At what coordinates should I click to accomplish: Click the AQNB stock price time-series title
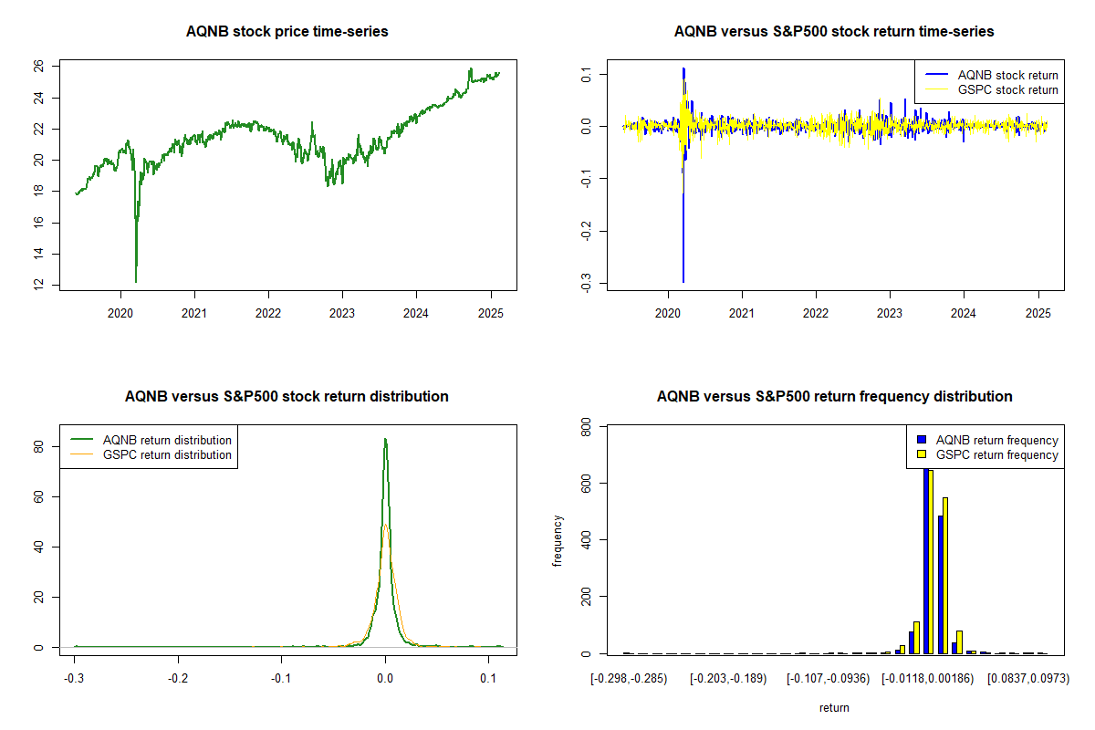pos(287,31)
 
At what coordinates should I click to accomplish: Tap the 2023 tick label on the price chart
pos(342,313)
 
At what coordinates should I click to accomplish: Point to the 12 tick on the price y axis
pos(38,284)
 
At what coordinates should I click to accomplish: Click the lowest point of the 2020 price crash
pos(136,282)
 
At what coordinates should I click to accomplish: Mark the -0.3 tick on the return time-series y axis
pos(586,283)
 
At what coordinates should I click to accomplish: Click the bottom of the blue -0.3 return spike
pos(683,282)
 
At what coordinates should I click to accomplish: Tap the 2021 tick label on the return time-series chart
pos(742,313)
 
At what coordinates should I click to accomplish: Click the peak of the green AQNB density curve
pos(385,439)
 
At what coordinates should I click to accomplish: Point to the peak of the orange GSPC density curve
pos(386,525)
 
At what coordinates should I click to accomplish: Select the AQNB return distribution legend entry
pos(151,440)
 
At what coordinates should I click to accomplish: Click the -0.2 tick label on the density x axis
pos(178,678)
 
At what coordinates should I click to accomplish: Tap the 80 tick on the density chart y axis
pos(38,446)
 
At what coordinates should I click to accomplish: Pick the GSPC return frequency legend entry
pos(987,454)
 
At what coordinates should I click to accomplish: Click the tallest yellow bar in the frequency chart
pos(931,562)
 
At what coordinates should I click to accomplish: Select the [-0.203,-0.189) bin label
pos(728,679)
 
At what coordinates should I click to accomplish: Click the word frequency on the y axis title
pos(558,541)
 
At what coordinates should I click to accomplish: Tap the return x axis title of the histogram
pos(834,707)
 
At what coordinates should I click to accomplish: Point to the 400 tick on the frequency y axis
pos(586,539)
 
